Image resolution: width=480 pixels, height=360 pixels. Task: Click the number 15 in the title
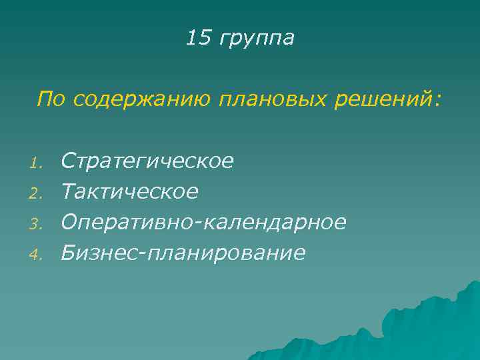pyautogui.click(x=197, y=38)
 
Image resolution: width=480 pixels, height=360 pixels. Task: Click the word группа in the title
pyautogui.click(x=255, y=39)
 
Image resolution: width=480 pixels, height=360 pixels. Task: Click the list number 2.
pyautogui.click(x=39, y=193)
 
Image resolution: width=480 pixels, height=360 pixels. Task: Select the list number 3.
pyautogui.click(x=39, y=224)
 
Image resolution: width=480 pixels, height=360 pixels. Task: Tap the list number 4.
pyautogui.click(x=39, y=254)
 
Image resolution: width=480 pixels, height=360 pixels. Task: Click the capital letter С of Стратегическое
pyautogui.click(x=68, y=161)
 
